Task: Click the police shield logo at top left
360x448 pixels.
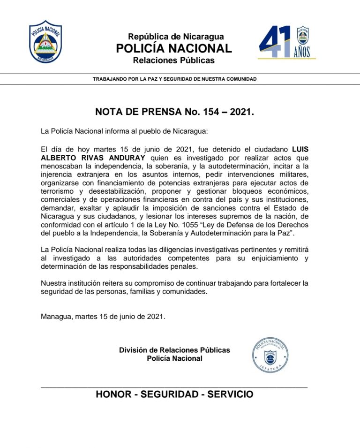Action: click(x=45, y=42)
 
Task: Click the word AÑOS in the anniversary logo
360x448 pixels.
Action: click(x=302, y=52)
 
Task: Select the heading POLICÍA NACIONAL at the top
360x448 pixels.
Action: click(x=173, y=48)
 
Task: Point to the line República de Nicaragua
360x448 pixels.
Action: click(x=176, y=37)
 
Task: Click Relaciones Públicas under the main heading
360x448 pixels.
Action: click(x=173, y=61)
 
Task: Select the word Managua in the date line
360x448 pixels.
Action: click(x=55, y=316)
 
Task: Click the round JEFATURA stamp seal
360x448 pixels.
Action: click(x=270, y=355)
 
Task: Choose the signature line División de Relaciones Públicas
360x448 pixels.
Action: click(x=174, y=350)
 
